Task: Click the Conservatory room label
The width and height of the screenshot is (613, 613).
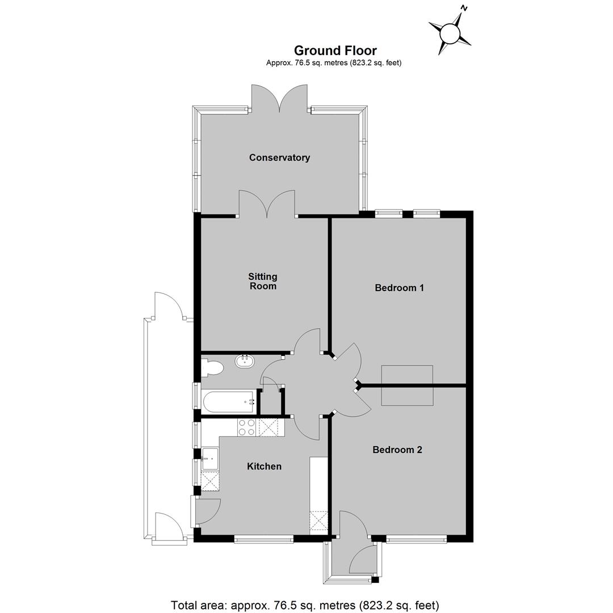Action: (279, 158)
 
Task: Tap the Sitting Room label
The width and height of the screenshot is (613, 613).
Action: (263, 281)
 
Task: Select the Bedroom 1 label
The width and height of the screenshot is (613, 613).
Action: (399, 288)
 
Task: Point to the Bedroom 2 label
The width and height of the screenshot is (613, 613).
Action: (397, 450)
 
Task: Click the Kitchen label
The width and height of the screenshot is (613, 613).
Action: (264, 466)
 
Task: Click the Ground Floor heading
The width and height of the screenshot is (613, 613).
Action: (335, 51)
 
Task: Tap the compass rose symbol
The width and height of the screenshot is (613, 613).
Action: (450, 33)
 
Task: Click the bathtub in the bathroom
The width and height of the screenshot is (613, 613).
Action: (229, 401)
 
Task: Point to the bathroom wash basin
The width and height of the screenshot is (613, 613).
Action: (245, 360)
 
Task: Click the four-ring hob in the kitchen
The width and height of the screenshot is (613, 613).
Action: (247, 427)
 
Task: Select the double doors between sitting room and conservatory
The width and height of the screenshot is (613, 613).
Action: (267, 203)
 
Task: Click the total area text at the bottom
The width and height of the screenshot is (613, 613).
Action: (305, 605)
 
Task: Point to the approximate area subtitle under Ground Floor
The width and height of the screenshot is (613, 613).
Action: (334, 62)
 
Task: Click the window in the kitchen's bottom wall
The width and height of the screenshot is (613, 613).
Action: (264, 539)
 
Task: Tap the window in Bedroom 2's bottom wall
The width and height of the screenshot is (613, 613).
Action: (417, 539)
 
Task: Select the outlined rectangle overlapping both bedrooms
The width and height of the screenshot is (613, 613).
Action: (407, 385)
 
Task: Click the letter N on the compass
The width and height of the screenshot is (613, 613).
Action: (464, 7)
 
